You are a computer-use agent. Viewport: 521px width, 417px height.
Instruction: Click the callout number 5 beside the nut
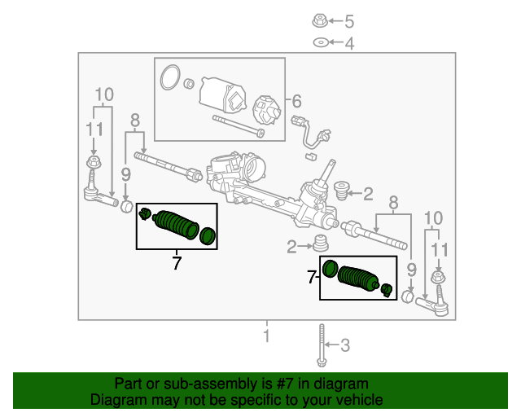(349, 22)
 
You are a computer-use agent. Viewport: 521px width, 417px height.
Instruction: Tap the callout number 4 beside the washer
(349, 43)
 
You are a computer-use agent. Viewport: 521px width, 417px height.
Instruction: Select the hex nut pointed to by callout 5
(320, 21)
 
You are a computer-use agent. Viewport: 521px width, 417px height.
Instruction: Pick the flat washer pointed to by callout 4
(321, 42)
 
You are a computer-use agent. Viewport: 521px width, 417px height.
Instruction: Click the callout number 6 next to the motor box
(296, 101)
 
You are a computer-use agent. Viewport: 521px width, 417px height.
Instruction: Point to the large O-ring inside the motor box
(170, 77)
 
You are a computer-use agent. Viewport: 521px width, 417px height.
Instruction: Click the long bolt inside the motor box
(239, 126)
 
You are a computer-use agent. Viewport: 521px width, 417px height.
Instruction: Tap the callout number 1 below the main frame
(266, 336)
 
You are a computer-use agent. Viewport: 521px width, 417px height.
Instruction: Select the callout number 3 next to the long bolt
(345, 345)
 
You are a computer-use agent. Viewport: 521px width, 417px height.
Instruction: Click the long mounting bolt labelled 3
(322, 345)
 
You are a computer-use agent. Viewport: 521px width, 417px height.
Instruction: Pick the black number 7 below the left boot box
(177, 263)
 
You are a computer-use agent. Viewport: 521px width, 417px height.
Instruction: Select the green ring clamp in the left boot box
(208, 236)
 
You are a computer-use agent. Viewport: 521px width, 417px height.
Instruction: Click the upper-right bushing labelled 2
(340, 191)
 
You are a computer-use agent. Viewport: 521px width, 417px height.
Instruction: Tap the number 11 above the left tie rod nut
(94, 129)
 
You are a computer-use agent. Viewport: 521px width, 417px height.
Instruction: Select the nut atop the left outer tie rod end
(94, 162)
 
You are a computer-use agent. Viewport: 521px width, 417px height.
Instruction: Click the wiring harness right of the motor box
(311, 133)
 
